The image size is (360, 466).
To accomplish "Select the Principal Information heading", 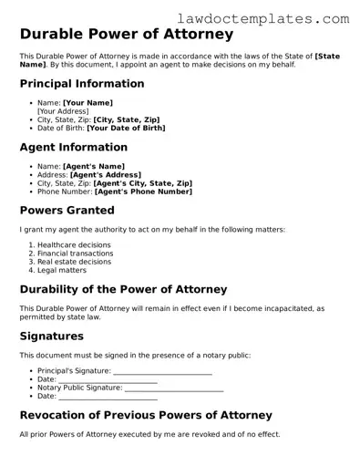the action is point(82,84).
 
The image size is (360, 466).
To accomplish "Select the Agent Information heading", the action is point(73,147).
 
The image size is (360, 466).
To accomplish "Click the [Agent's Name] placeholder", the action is point(93,166).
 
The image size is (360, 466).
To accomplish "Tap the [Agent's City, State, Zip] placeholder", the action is point(143,182).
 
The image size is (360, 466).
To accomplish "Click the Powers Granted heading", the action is point(67,210).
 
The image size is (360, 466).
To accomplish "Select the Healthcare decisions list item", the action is point(75,245).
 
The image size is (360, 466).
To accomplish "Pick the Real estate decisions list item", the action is point(75,262).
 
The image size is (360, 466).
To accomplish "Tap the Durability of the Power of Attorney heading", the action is point(123,289).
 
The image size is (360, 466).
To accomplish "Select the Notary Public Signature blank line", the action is point(173,388).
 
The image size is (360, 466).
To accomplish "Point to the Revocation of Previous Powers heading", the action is point(146,415).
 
